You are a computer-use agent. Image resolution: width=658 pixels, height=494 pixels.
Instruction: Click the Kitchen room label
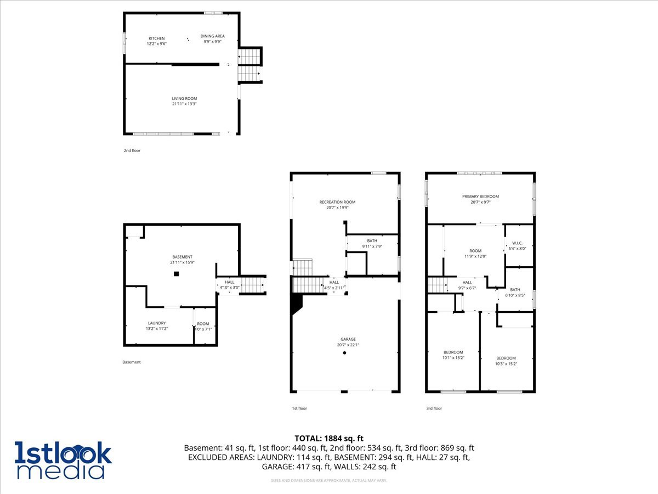pos(156,38)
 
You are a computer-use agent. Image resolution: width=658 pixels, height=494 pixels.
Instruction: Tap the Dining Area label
pos(212,36)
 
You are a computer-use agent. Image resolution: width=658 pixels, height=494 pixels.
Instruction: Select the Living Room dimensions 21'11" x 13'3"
pos(184,104)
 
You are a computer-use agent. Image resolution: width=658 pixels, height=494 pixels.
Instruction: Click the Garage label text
pos(348,339)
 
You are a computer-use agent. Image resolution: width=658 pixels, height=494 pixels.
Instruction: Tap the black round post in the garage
pos(344,353)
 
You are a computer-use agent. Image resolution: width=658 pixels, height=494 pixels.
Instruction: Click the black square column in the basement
pos(176,273)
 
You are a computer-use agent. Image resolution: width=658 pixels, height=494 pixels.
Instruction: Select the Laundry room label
pos(156,323)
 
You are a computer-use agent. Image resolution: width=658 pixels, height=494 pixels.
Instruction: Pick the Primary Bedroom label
pos(480,197)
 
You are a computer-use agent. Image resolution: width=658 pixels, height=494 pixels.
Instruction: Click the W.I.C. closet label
pos(517,243)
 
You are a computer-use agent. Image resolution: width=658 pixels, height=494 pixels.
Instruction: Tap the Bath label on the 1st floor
pos(372,240)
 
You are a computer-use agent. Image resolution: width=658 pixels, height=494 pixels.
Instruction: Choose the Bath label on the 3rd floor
pos(515,289)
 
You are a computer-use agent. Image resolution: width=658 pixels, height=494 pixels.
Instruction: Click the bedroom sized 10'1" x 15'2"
pos(453,352)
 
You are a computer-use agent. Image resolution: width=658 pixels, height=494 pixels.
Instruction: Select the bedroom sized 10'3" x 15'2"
pos(506,358)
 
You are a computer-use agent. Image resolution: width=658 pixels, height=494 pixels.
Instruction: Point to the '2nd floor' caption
pos(132,150)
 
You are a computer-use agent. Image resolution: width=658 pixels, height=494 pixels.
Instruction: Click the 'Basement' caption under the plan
pos(132,362)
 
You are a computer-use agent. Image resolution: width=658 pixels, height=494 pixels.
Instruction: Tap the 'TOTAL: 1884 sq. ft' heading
pos(329,438)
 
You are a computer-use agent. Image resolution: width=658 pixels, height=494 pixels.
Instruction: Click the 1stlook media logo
pos(63,460)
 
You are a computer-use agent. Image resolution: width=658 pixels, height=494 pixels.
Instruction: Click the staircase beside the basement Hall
pos(253,285)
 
